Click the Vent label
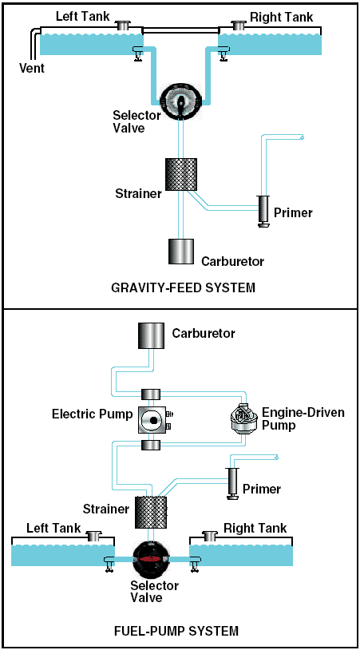coord(32,68)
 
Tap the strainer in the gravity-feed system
coord(181,174)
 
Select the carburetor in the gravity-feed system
coord(181,252)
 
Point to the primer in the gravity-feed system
coord(263,211)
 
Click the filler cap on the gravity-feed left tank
coord(122,26)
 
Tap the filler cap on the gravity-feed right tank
coord(239,26)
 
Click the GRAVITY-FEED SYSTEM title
coord(184,287)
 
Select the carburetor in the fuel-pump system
coord(151,335)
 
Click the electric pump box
coord(152,419)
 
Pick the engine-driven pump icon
coord(243,419)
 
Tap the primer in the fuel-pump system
coord(231,483)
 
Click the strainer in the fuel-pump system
coord(151,513)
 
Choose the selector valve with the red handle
coord(151,558)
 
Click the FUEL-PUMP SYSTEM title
coord(176,632)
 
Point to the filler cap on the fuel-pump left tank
coord(93,536)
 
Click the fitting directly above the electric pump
coord(151,394)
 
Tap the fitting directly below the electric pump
coord(151,446)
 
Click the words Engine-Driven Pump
coord(303,418)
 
